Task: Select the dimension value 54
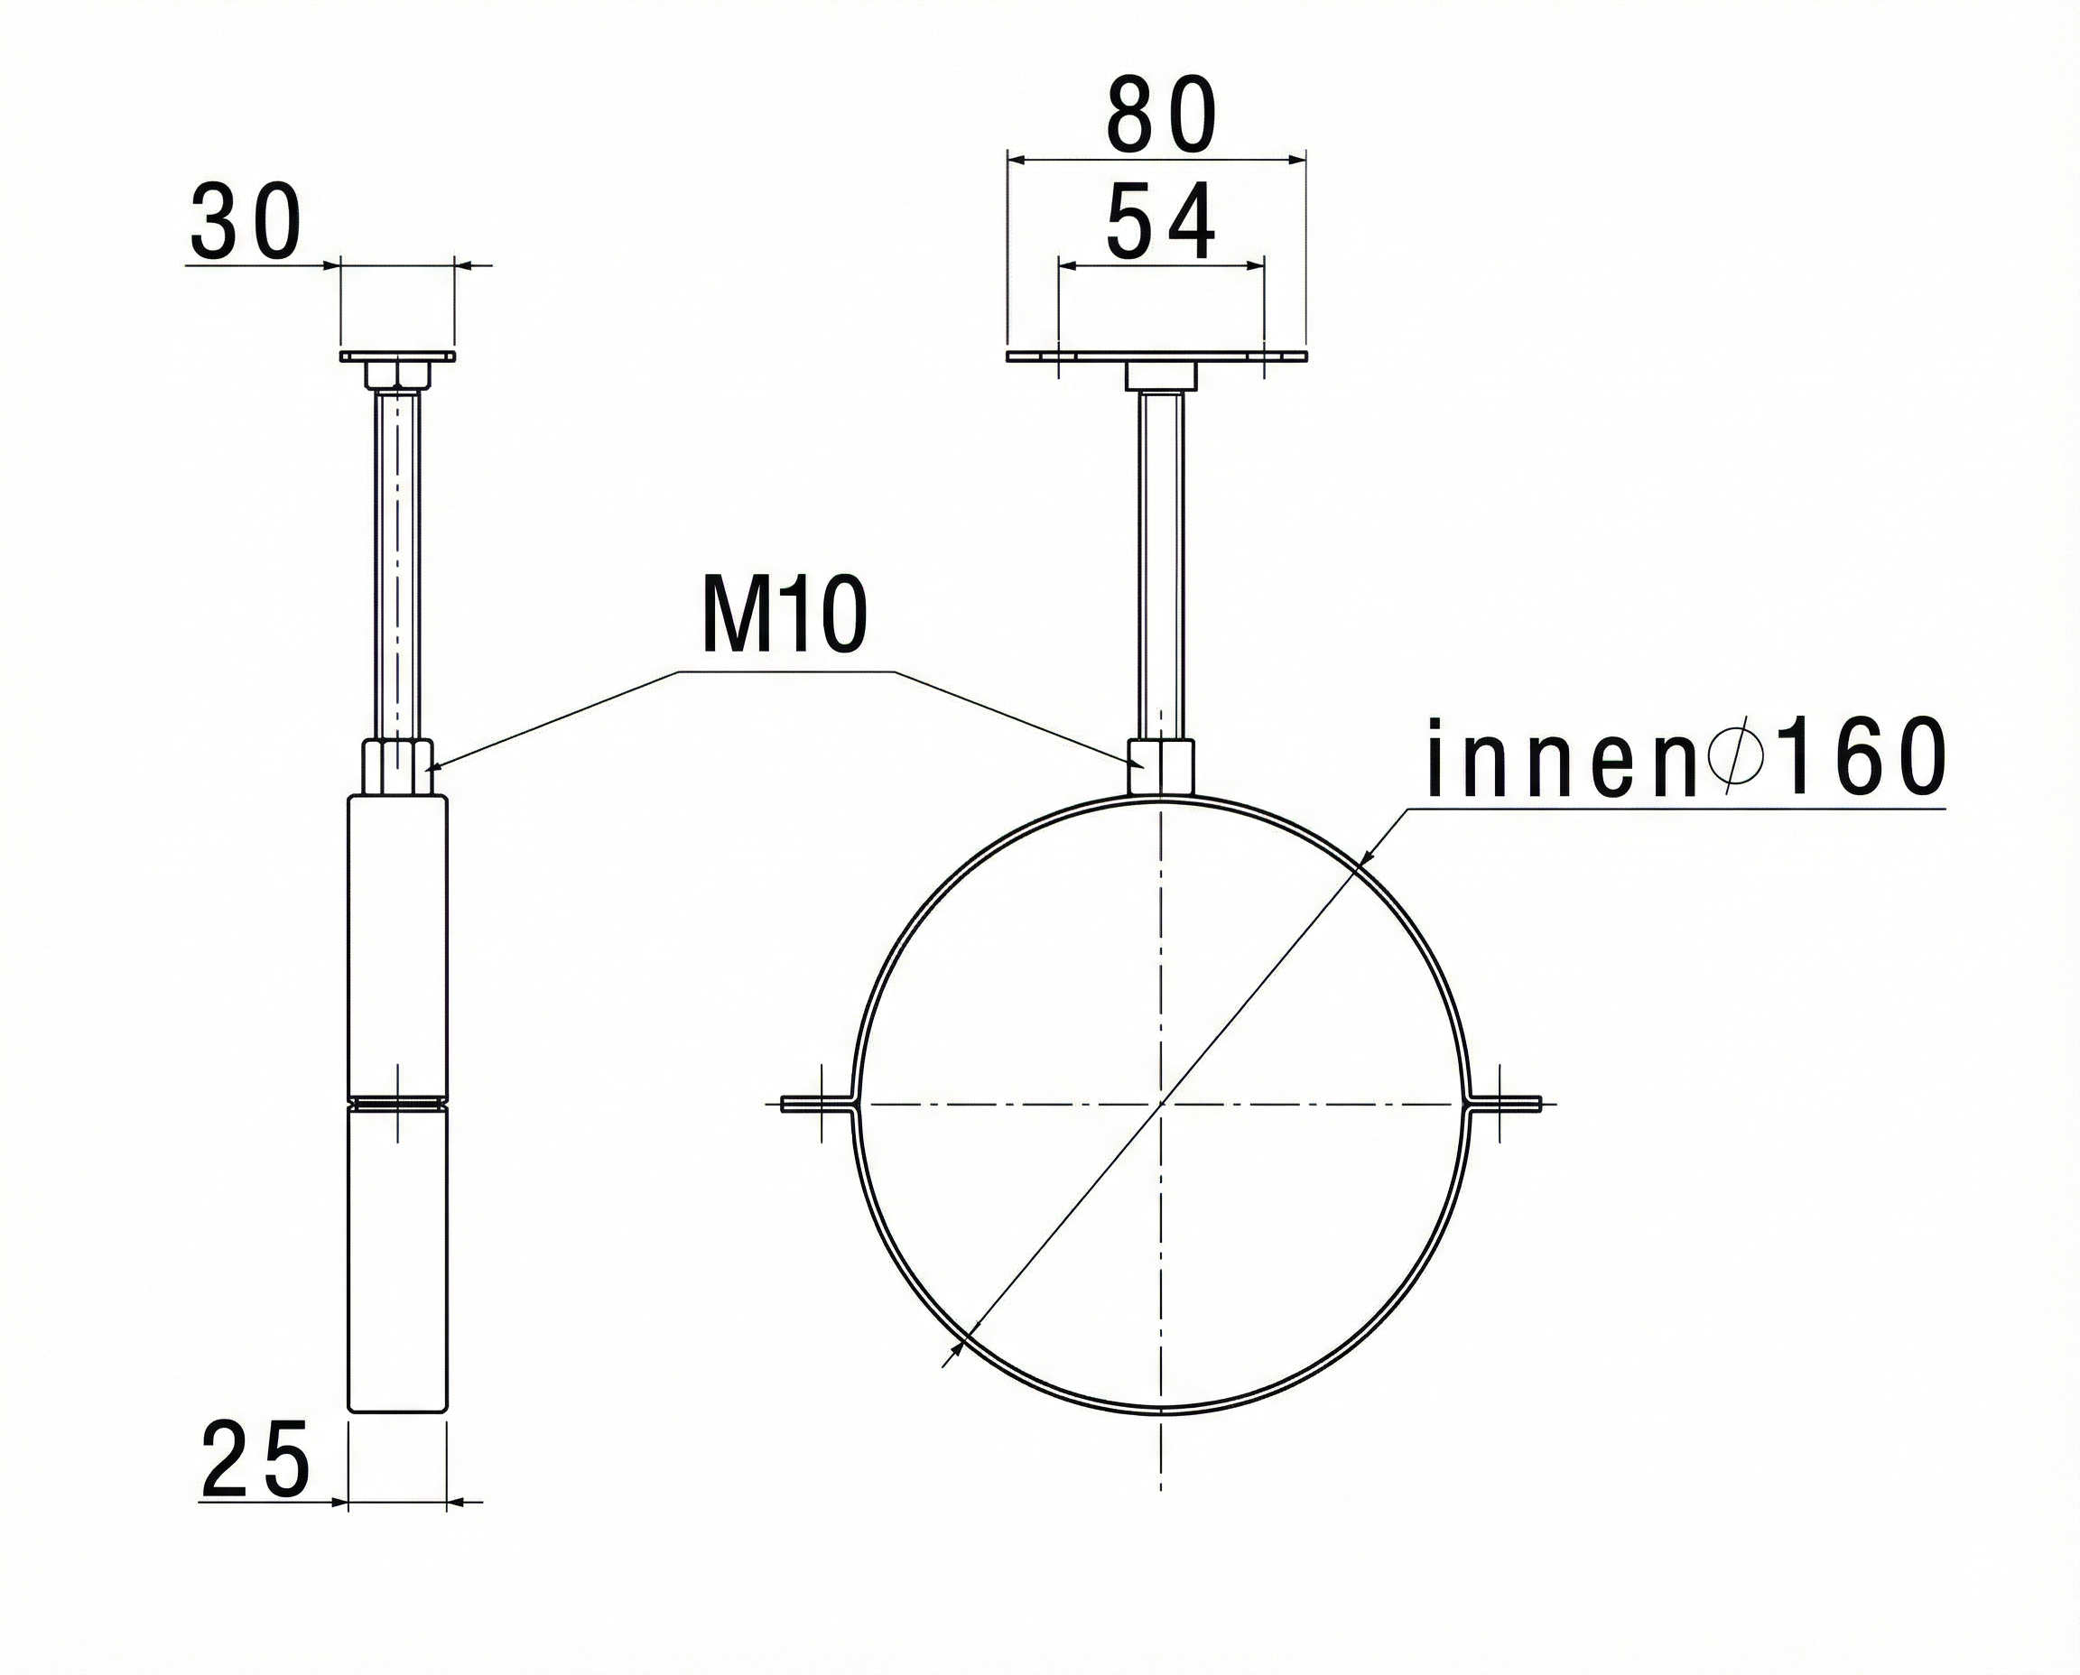coord(1161,224)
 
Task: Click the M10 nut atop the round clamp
coord(1161,767)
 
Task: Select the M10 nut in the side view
coord(396,766)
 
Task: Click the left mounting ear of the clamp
coord(816,1105)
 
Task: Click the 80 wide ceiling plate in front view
coord(1156,357)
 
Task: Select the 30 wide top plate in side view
coord(396,357)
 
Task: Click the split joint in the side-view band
coord(396,1101)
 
